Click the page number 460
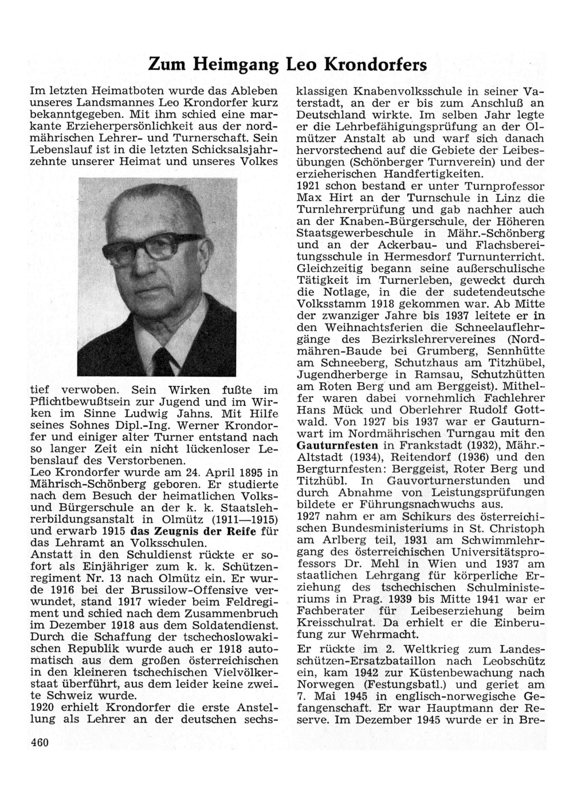tap(40, 743)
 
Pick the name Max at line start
tap(309, 198)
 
